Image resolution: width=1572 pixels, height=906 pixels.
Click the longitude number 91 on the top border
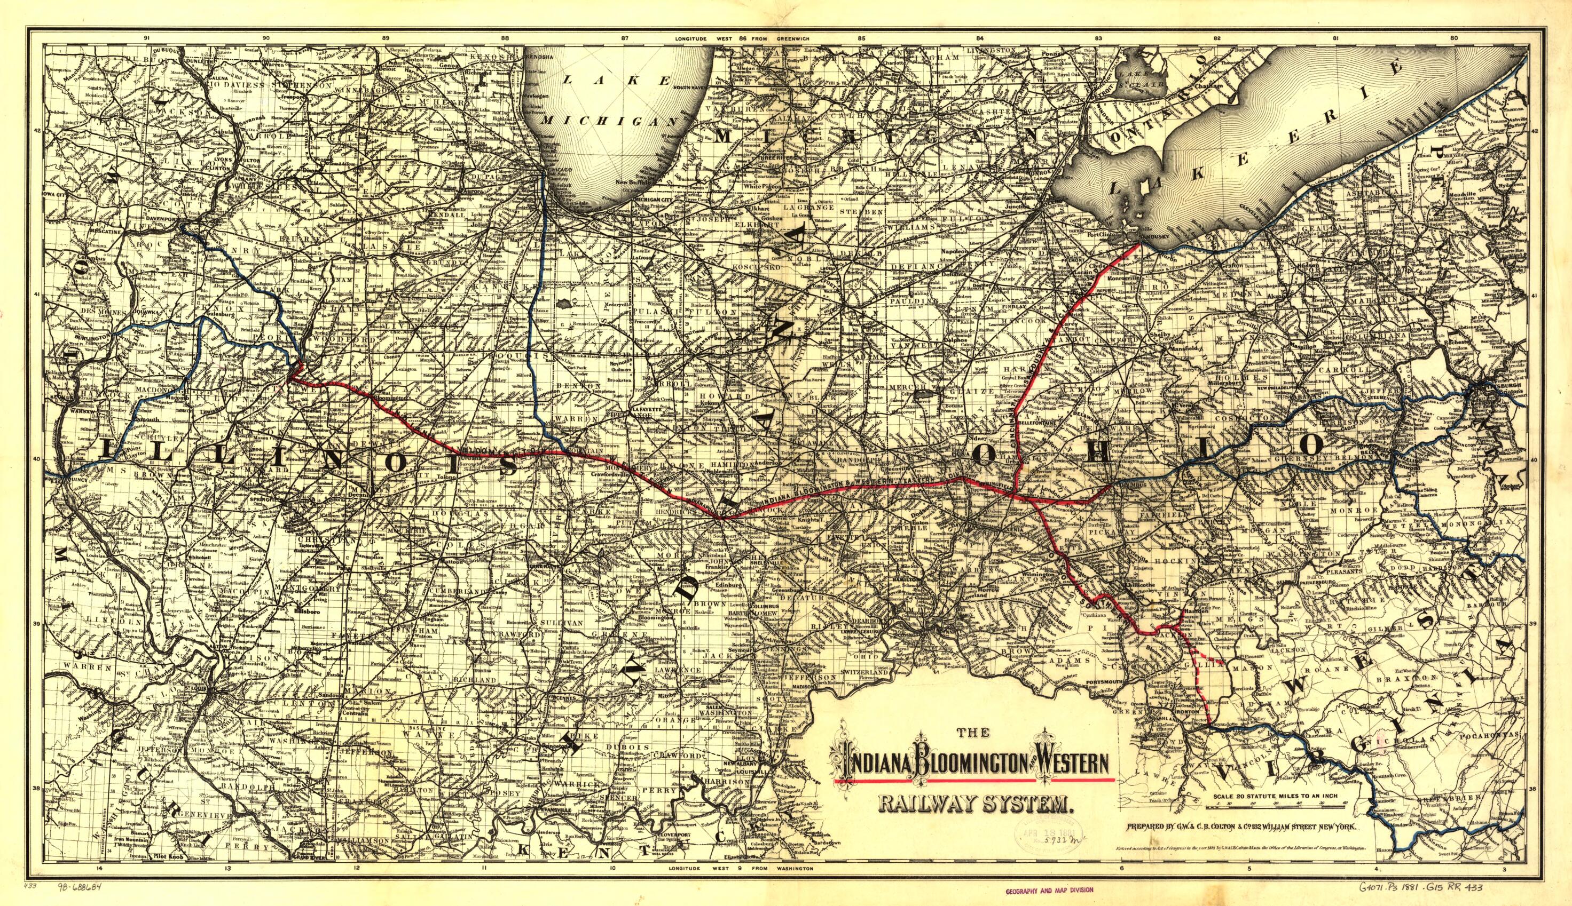(147, 38)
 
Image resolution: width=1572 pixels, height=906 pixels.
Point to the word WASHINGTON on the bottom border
(792, 886)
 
